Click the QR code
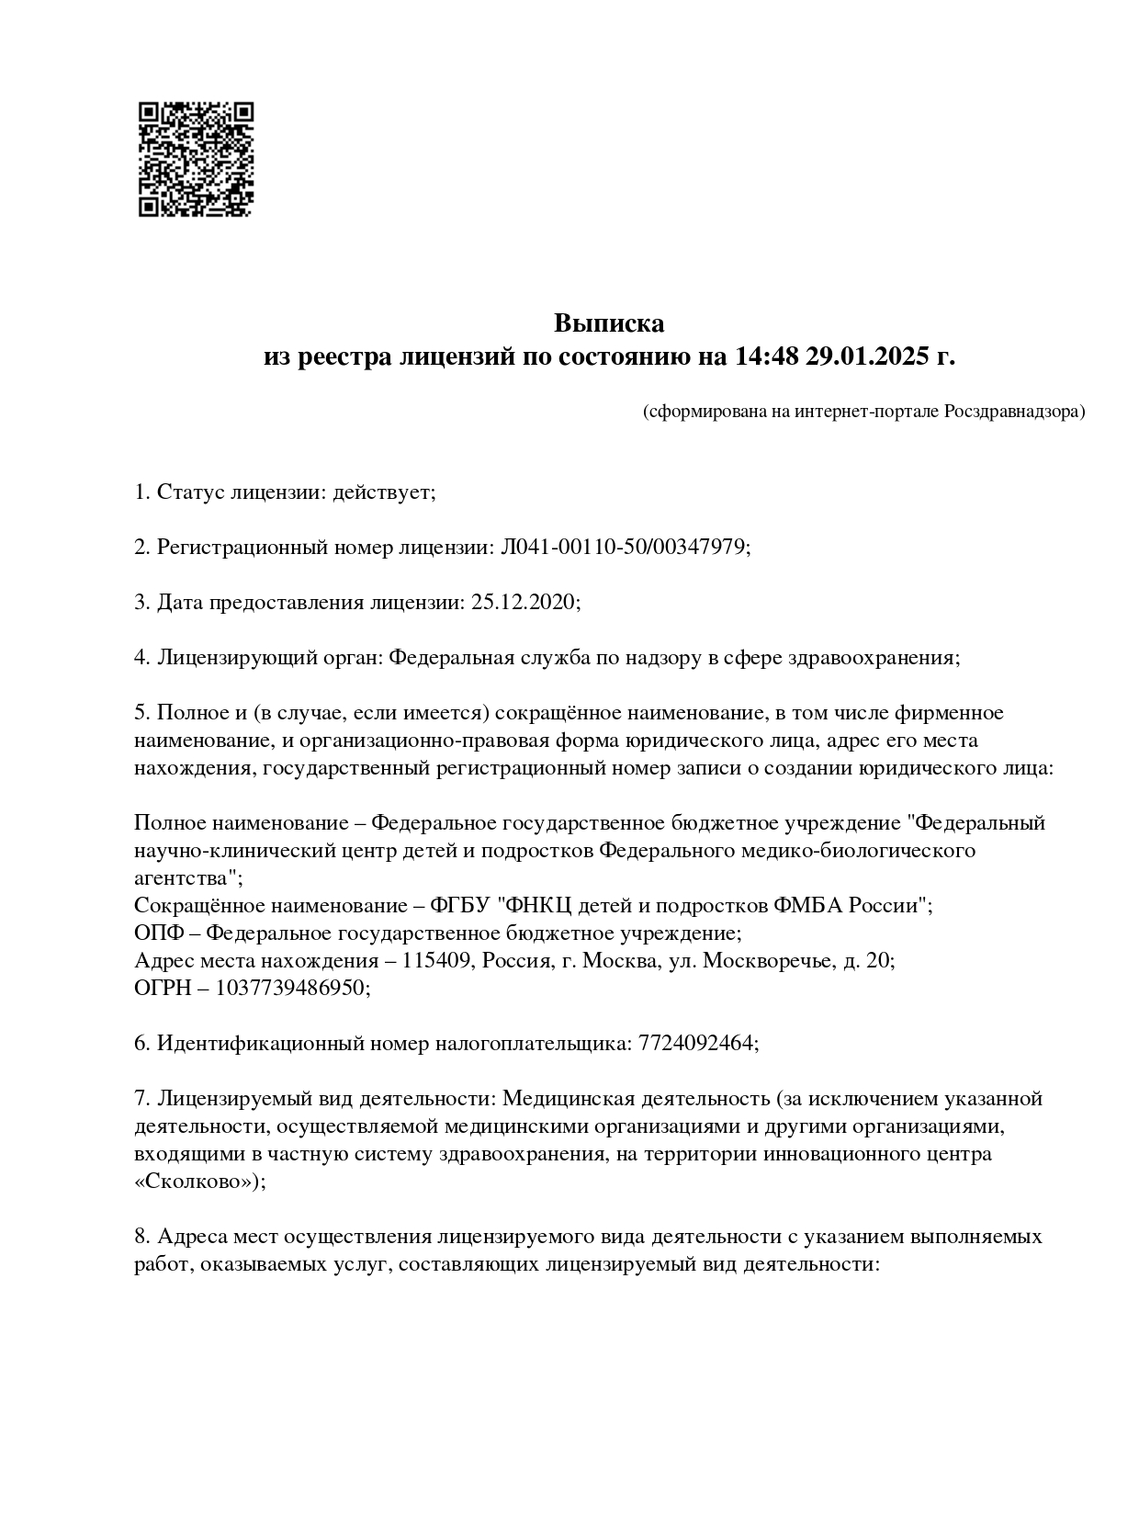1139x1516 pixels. (x=196, y=159)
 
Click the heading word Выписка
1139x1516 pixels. (x=608, y=323)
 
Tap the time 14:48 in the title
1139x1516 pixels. (x=767, y=356)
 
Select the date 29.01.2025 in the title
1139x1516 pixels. (x=868, y=356)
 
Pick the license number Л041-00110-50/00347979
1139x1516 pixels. (x=622, y=548)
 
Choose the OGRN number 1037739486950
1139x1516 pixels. (x=291, y=989)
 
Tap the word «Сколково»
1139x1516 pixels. (x=197, y=1182)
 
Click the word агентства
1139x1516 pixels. (x=186, y=878)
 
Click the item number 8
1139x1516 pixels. (x=141, y=1237)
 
